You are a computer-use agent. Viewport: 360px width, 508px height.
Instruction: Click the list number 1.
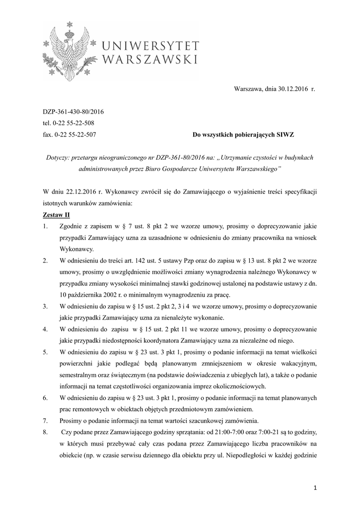pyautogui.click(x=45, y=226)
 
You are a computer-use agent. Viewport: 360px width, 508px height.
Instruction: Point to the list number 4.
pyautogui.click(x=45, y=328)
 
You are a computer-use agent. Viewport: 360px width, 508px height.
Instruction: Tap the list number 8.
pyautogui.click(x=45, y=432)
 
